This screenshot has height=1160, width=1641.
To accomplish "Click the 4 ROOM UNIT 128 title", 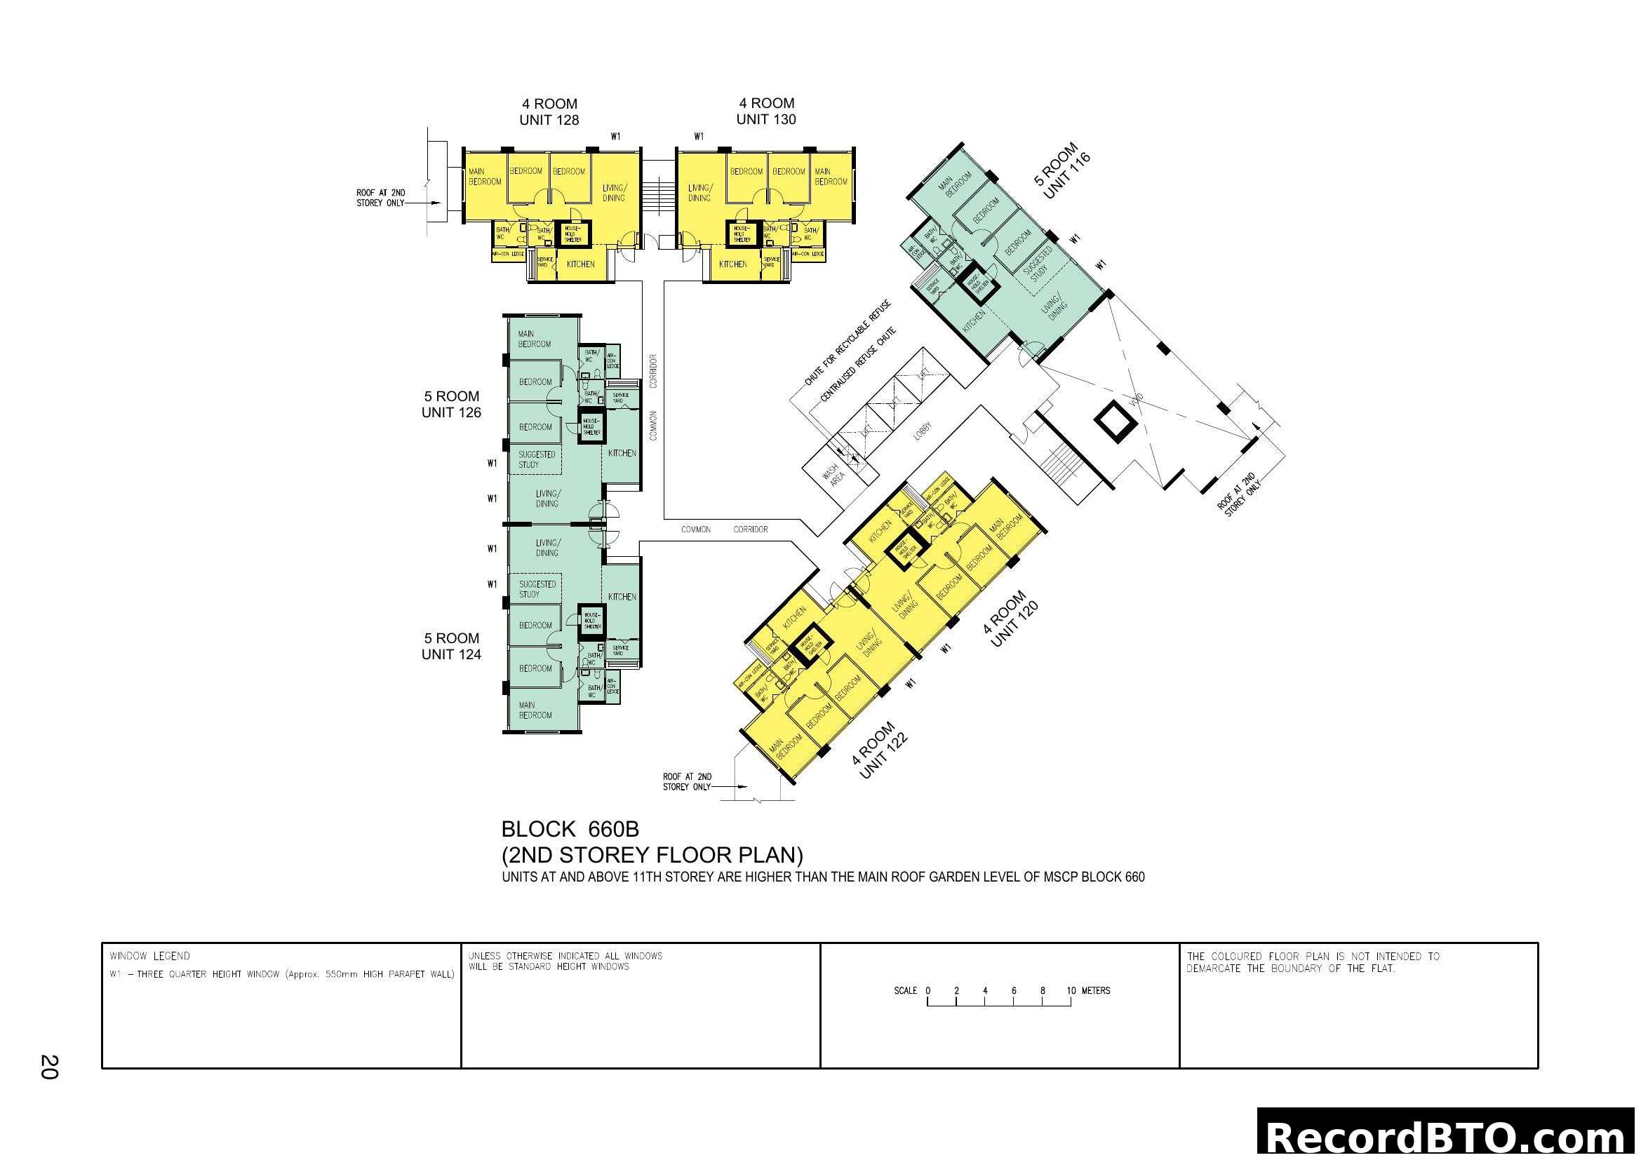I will coord(549,112).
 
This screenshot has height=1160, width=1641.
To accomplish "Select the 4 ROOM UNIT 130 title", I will coord(766,112).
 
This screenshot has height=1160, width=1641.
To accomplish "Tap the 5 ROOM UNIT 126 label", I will coord(451,404).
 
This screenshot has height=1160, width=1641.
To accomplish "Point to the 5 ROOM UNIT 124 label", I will coord(451,647).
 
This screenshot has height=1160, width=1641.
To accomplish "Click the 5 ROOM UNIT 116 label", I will coord(1062,171).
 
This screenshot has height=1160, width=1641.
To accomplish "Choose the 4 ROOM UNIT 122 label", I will coord(879,750).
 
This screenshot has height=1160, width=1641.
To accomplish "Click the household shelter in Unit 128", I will coord(573,234).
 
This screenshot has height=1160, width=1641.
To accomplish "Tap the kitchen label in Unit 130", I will coord(732,264).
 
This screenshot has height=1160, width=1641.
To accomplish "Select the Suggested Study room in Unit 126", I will coord(536,459).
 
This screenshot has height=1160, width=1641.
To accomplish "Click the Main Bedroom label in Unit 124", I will coord(535,710).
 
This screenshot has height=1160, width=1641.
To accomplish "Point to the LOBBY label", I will coord(923,431).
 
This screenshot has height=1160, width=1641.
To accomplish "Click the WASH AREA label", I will coord(833,473).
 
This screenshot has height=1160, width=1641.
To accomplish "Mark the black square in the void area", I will coord(1116,423).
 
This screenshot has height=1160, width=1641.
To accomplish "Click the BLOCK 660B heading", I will coord(570,829).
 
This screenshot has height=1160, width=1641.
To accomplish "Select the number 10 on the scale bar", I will coord(1071,991).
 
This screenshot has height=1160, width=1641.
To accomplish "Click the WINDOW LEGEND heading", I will coord(149,956).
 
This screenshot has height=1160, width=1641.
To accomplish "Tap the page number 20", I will coord(49,1067).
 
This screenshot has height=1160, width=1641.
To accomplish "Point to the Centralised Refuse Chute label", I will coord(857,364).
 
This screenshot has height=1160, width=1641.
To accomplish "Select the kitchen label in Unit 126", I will coord(622,453).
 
